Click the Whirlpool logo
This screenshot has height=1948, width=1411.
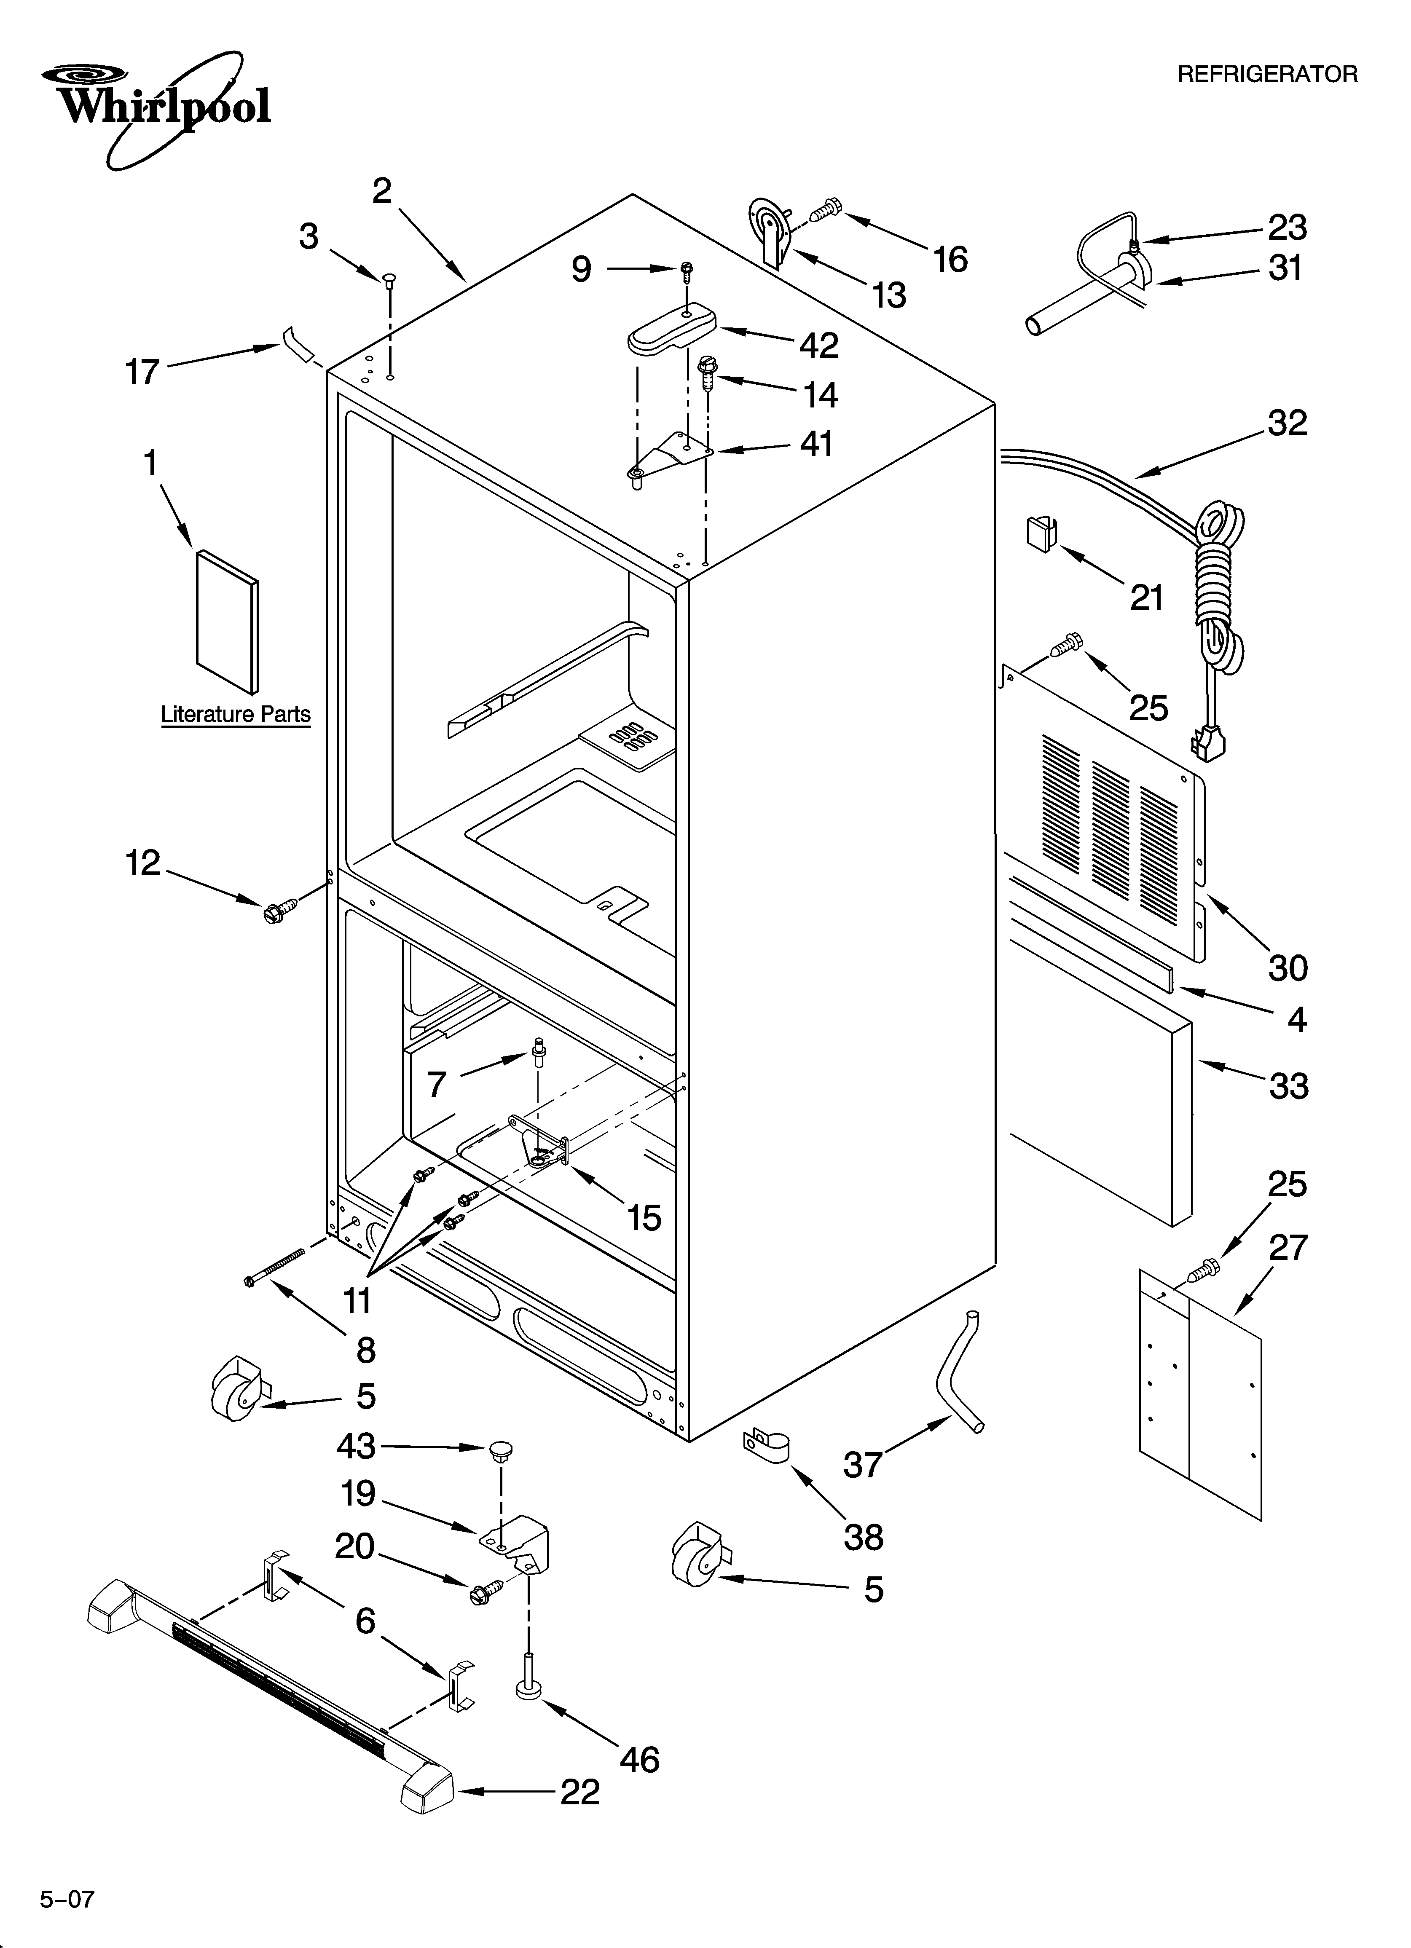pyautogui.click(x=159, y=107)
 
